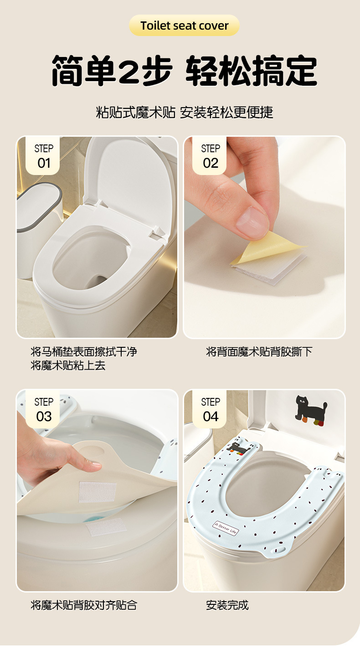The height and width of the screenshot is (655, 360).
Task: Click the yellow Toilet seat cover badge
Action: [184, 26]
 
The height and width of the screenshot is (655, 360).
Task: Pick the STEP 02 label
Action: [210, 156]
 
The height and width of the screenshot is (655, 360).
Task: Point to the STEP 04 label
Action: [210, 409]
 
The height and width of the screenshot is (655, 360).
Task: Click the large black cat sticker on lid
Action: [311, 410]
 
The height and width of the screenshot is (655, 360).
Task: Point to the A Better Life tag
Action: [226, 528]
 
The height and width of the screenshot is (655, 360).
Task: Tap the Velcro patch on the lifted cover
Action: [98, 492]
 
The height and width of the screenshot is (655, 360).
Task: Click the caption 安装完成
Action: [227, 605]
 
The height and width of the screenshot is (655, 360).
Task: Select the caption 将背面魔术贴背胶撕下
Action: [259, 351]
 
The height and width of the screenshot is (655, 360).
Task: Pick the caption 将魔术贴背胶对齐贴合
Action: [84, 605]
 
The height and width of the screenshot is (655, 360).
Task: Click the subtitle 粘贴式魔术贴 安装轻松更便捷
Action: [185, 113]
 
